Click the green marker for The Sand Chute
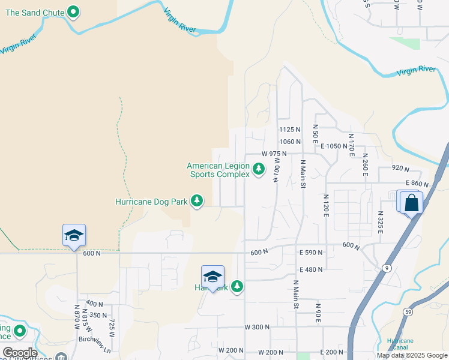73,11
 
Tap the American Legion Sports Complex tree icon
259,170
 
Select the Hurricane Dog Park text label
152,202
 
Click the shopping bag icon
412,203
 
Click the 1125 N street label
289,130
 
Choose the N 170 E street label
352,146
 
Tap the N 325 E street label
381,221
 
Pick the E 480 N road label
310,269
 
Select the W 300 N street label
257,327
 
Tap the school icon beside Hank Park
212,277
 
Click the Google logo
20,353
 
